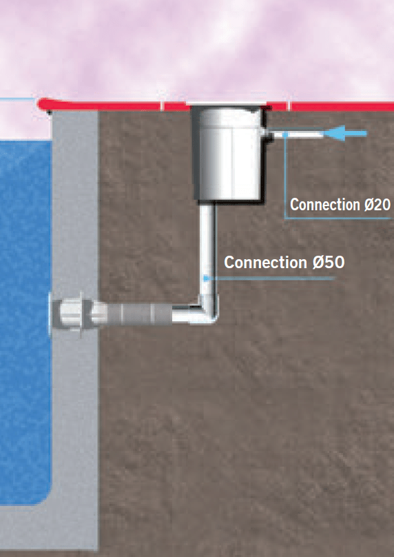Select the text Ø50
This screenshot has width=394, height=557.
(x=329, y=263)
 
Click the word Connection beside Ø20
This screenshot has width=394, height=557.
(x=325, y=205)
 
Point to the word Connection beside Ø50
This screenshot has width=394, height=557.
(x=265, y=263)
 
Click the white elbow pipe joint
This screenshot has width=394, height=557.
(x=207, y=310)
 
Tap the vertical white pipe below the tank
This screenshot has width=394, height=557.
(x=206, y=249)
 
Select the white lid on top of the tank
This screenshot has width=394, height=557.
(x=227, y=103)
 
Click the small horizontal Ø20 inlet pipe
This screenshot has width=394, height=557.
(x=298, y=134)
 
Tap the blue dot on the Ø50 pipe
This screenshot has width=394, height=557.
(x=206, y=278)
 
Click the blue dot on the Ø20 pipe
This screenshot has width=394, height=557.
(x=285, y=134)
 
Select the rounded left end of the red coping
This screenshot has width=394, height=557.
(x=43, y=104)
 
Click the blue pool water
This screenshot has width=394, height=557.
(x=25, y=320)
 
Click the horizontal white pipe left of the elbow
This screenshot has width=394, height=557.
(x=185, y=313)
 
